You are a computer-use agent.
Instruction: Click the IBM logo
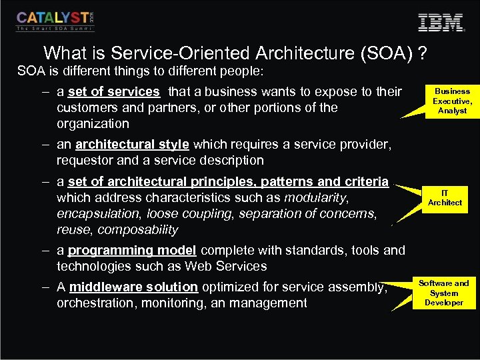(441, 22)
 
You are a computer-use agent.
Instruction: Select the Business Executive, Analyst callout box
(452, 101)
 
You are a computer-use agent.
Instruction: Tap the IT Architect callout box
(445, 198)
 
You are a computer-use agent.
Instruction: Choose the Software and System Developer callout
(443, 293)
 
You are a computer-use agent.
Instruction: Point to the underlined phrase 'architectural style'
(132, 144)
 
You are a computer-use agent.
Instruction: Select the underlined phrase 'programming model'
(132, 250)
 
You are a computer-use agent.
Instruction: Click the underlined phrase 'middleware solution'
(133, 287)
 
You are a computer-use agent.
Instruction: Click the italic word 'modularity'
(316, 197)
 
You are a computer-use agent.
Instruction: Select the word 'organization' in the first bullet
(93, 123)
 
